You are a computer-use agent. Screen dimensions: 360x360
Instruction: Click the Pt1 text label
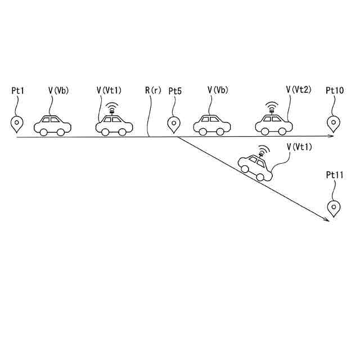click(18, 90)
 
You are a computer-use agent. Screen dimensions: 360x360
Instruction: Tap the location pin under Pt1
click(17, 124)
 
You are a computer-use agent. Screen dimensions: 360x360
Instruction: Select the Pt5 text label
click(175, 90)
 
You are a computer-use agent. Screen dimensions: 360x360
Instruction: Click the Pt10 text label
click(335, 90)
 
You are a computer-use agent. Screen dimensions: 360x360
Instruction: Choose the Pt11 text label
click(335, 175)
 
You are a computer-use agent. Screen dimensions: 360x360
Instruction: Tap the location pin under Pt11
click(335, 208)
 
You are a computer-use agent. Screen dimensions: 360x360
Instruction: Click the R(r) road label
click(151, 90)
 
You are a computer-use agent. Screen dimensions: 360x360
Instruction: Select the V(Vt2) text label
click(298, 90)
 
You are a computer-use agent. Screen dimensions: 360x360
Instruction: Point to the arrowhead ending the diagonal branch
click(326, 220)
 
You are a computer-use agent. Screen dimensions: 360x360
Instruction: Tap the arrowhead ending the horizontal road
click(333, 137)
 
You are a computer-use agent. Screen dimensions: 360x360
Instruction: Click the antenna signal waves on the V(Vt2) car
click(272, 105)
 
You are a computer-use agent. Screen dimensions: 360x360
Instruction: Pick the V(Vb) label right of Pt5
click(218, 90)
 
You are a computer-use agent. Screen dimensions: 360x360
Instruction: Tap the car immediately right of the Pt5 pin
click(213, 125)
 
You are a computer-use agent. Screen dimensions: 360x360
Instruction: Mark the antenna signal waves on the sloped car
click(262, 150)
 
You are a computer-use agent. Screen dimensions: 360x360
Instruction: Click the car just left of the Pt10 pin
click(273, 124)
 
